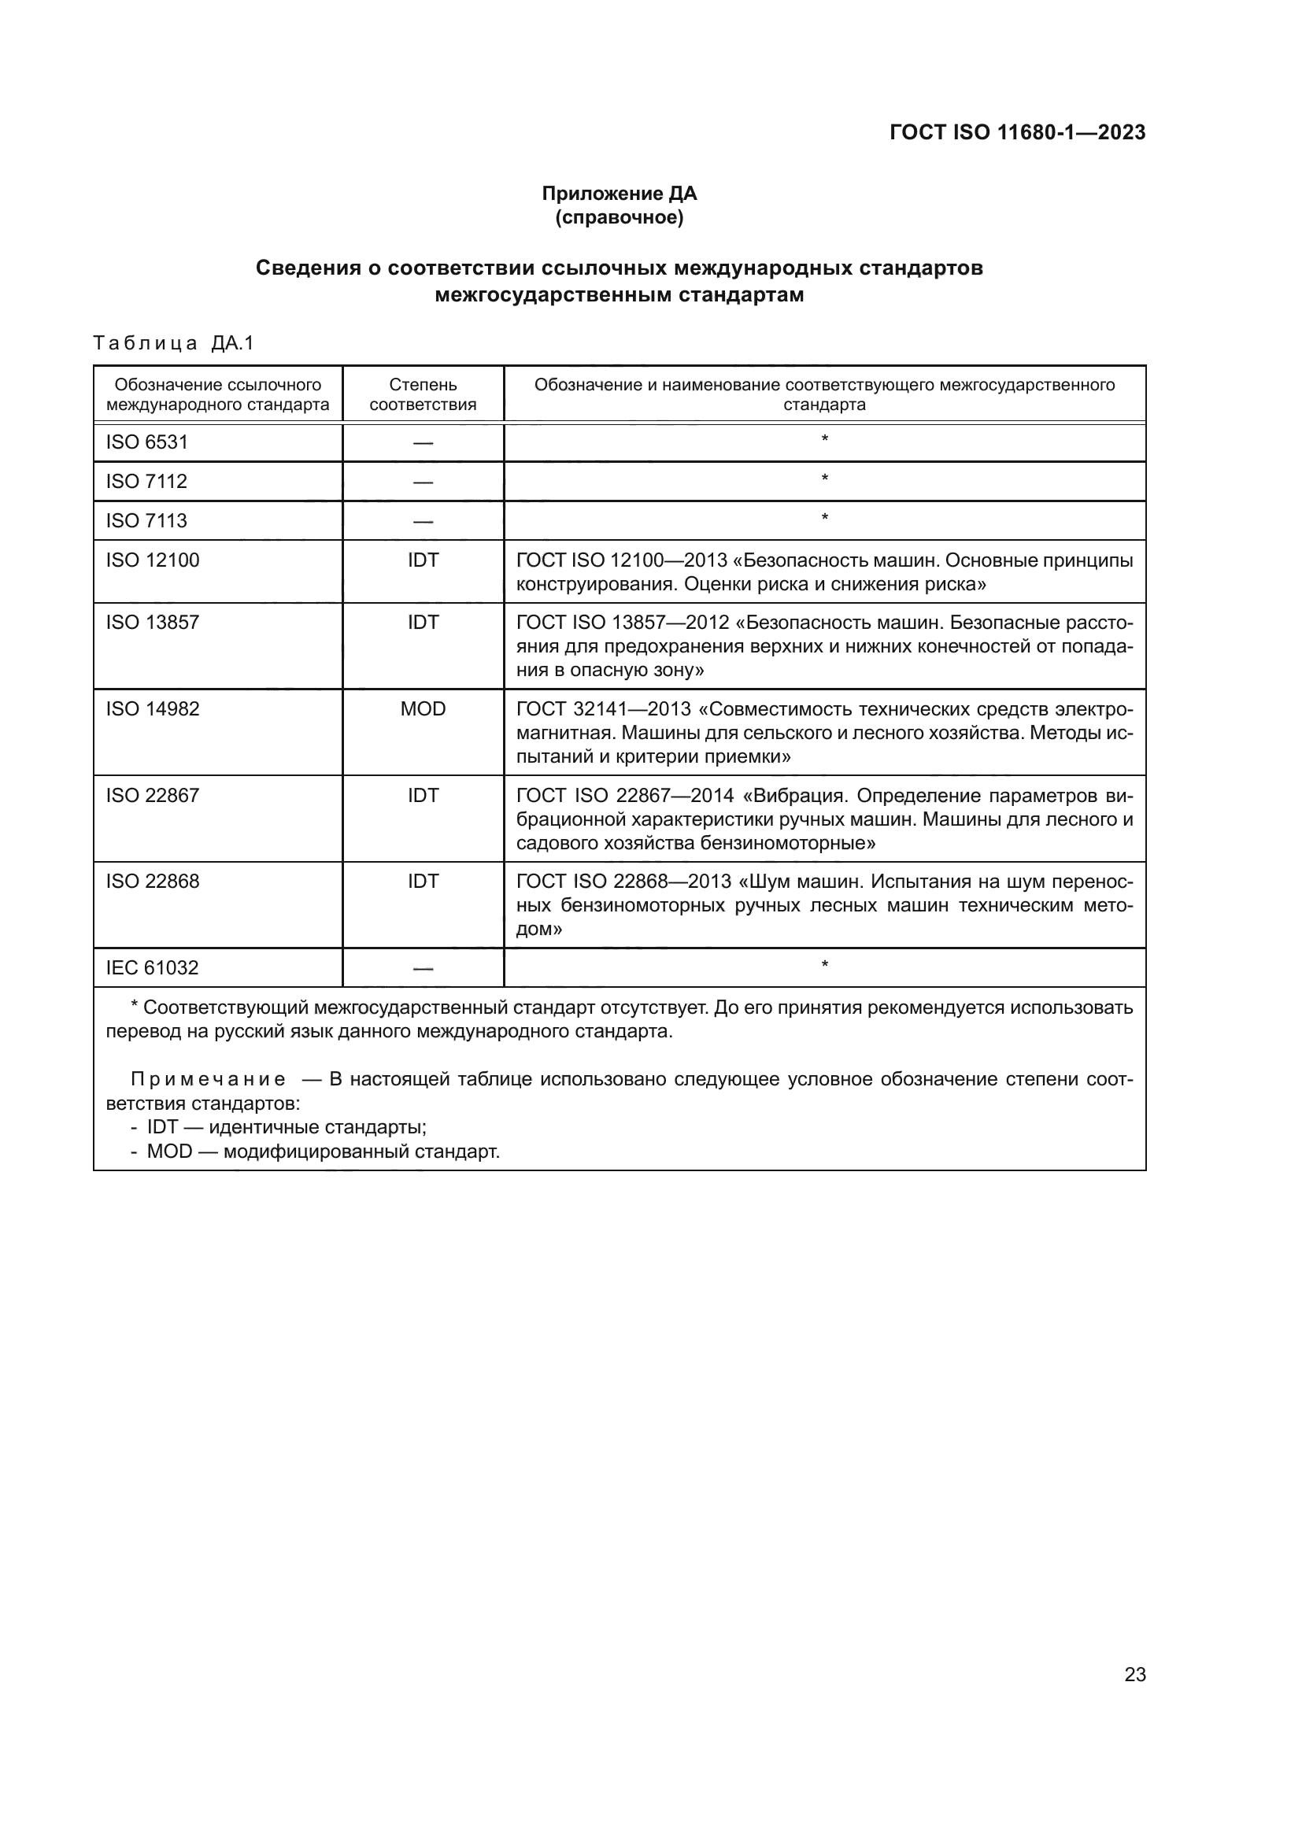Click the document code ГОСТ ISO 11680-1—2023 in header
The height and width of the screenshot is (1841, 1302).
[1016, 132]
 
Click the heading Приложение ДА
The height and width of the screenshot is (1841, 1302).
[619, 194]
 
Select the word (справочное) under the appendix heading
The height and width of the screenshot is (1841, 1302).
[619, 217]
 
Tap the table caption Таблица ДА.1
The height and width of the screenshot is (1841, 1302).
[173, 343]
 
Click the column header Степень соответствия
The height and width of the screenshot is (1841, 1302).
[423, 394]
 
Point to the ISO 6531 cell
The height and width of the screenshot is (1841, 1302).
[146, 442]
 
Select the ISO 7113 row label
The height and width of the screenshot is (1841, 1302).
[146, 520]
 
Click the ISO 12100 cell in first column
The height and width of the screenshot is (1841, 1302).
[153, 560]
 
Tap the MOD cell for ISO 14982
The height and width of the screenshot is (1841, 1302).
[423, 709]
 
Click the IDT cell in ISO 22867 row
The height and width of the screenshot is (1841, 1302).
[423, 796]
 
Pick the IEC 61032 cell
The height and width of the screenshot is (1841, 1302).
[153, 967]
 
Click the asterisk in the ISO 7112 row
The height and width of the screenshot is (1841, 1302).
[824, 479]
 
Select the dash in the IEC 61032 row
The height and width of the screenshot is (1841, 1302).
[423, 969]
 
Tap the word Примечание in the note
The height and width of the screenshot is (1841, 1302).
[208, 1079]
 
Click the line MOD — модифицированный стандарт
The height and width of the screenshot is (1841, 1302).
[322, 1152]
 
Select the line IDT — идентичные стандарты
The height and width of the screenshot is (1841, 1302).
[287, 1126]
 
